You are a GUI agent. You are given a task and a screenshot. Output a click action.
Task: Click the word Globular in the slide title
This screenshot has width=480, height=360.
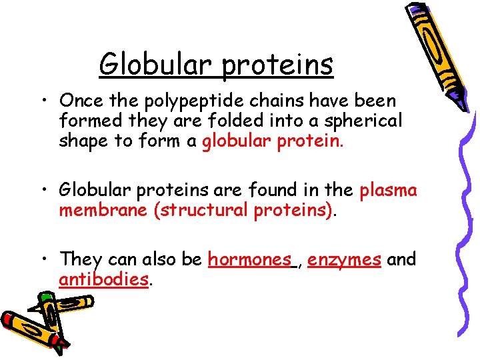pos(157,65)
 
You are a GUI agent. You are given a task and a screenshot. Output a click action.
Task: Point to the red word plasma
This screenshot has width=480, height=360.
pos(388,191)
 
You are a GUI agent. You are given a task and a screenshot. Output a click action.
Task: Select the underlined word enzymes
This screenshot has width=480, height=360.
pos(344,259)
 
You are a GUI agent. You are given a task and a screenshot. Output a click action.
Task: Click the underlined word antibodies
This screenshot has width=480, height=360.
pos(103,279)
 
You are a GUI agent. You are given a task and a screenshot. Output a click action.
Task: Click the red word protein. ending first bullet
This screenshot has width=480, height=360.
pos(316,141)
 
